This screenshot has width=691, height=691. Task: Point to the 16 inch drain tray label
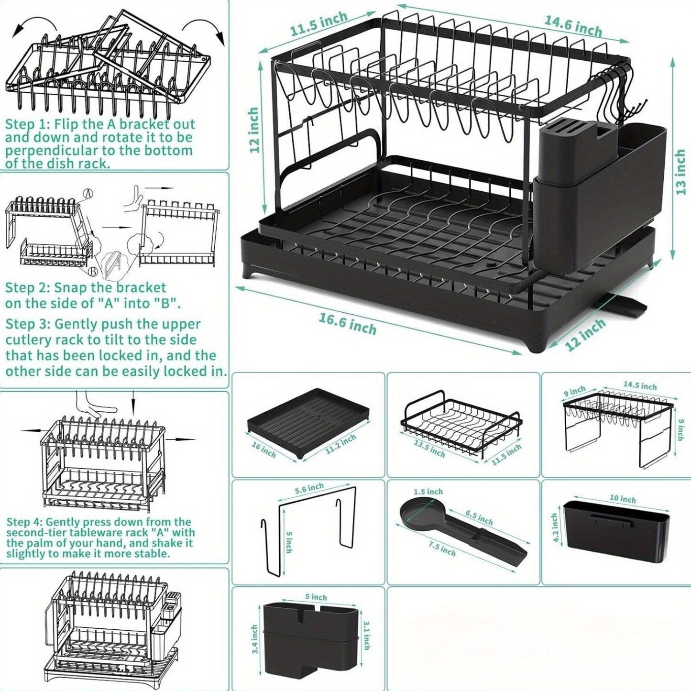pyautogui.click(x=263, y=449)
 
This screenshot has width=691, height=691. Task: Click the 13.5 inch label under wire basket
pyautogui.click(x=429, y=449)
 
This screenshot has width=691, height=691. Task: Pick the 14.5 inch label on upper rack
pyautogui.click(x=640, y=385)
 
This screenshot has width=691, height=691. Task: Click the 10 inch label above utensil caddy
pyautogui.click(x=623, y=499)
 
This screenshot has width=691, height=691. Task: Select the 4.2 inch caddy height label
pyautogui.click(x=555, y=528)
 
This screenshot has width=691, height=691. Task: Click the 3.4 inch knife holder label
pyautogui.click(x=254, y=639)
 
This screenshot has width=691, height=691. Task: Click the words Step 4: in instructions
pyautogui.click(x=24, y=522)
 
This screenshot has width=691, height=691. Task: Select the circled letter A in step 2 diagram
pyautogui.click(x=87, y=194)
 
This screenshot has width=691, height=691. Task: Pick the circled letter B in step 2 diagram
pyautogui.click(x=94, y=271)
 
